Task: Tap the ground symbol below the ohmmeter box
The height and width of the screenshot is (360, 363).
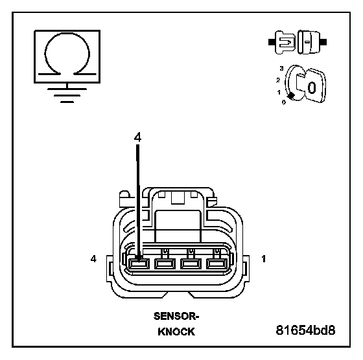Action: [67, 95]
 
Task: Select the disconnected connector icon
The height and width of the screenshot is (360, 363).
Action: [298, 42]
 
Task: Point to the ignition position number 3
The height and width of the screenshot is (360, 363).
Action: [281, 69]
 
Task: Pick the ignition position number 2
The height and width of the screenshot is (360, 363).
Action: [278, 80]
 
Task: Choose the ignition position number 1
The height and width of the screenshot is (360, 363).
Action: [279, 92]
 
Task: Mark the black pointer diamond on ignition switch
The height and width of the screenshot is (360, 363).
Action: [291, 95]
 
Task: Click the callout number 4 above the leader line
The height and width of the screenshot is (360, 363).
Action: [137, 137]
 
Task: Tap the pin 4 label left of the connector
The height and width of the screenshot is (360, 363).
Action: [93, 259]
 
